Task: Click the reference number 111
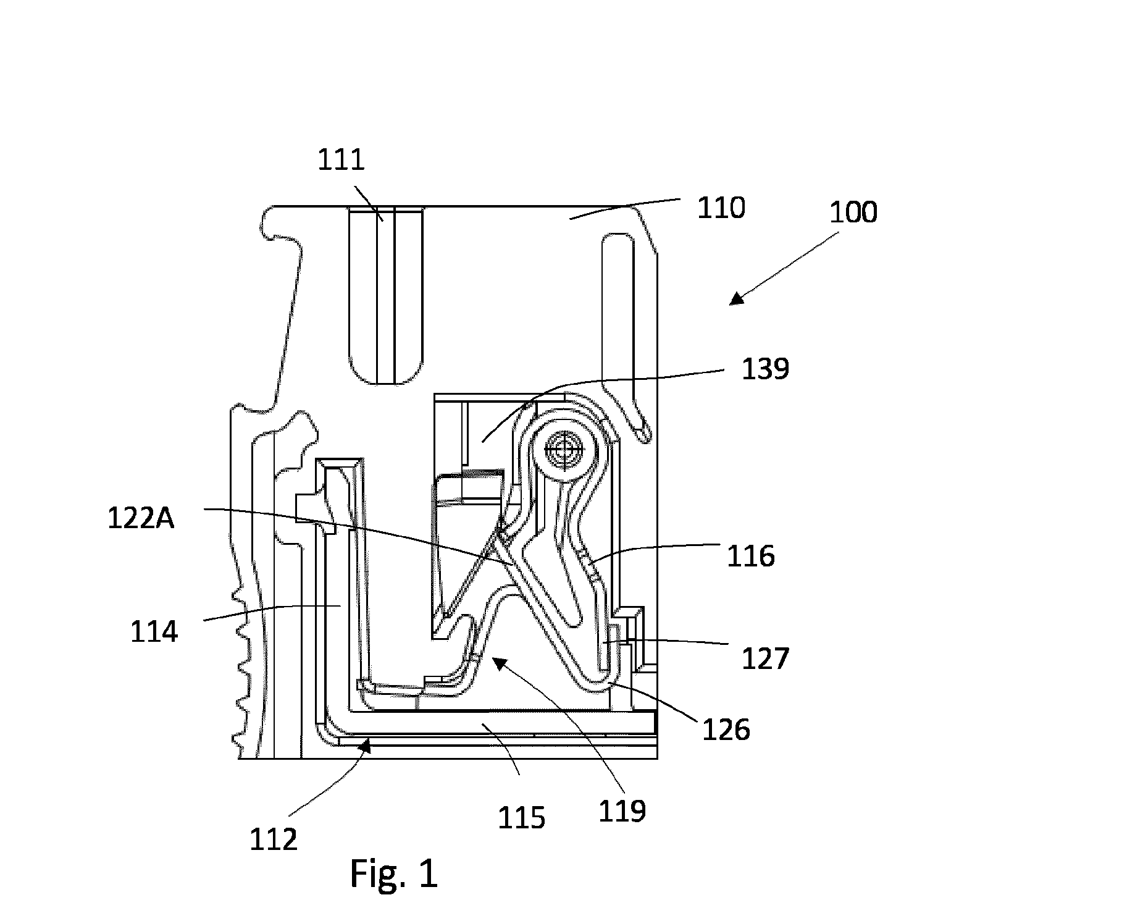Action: point(341,160)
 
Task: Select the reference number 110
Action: point(721,208)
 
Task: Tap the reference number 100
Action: point(853,212)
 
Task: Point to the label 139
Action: point(766,369)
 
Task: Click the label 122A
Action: point(141,518)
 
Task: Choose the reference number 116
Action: point(750,556)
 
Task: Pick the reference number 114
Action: point(154,632)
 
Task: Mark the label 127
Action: point(765,658)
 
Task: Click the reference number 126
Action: point(726,730)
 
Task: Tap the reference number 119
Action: point(622,810)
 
